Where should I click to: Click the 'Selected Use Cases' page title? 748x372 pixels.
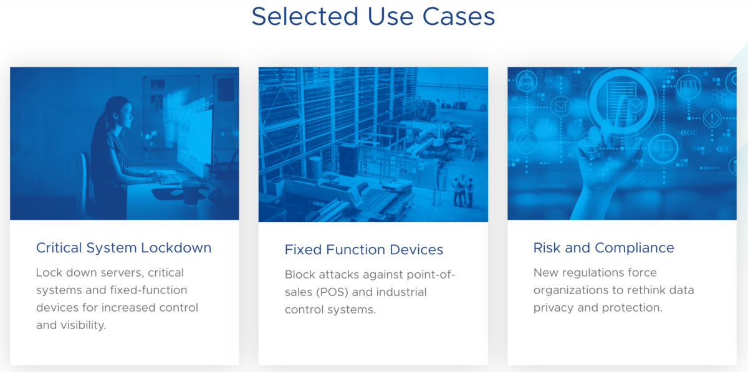373,17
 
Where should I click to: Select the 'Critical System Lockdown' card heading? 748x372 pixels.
123,248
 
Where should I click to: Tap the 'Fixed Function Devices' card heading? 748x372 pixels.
363,250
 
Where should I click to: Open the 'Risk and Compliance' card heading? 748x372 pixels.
603,248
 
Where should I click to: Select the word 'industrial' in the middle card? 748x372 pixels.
401,292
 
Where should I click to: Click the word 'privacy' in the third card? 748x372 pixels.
554,308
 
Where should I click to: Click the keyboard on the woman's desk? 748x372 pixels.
169,179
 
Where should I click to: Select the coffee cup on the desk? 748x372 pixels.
191,192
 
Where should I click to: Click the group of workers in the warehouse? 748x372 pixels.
463,190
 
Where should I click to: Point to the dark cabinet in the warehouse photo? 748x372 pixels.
348,160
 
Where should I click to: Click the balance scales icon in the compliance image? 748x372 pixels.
663,148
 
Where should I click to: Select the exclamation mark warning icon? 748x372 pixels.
712,118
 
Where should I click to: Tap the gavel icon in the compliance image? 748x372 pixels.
527,141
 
